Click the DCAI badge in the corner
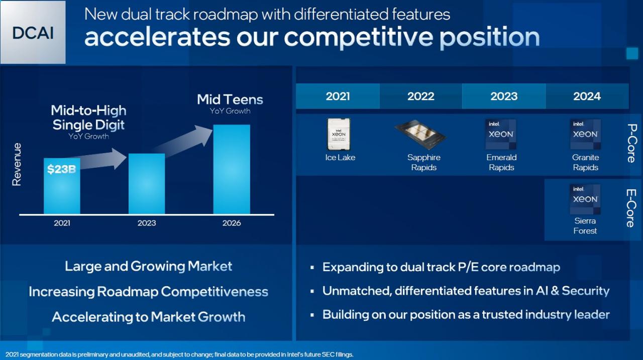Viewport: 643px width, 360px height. tap(33, 32)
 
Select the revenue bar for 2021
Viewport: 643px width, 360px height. tap(62, 186)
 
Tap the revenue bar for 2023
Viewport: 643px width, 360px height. tap(147, 184)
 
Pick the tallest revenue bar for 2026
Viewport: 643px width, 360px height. tap(232, 169)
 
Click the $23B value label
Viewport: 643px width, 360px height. tap(61, 169)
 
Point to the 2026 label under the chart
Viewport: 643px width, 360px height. tap(232, 223)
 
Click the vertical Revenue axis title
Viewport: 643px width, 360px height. tap(17, 164)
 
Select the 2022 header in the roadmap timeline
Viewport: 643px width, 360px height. tap(421, 96)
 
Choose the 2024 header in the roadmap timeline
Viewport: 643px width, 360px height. tap(587, 96)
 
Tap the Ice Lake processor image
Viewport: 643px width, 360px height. tap(339, 134)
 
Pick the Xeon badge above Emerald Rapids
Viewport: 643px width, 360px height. tap(501, 134)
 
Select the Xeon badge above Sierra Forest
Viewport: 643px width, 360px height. tap(585, 199)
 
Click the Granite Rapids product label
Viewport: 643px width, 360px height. tap(586, 162)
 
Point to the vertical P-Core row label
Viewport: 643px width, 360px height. tap(632, 143)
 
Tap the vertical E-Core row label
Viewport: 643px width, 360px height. tap(631, 208)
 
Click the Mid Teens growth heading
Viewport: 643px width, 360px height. tap(230, 99)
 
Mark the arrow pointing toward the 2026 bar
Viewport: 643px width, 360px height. tap(184, 142)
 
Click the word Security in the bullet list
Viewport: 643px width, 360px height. tap(586, 291)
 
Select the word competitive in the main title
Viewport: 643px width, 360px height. tap(359, 37)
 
